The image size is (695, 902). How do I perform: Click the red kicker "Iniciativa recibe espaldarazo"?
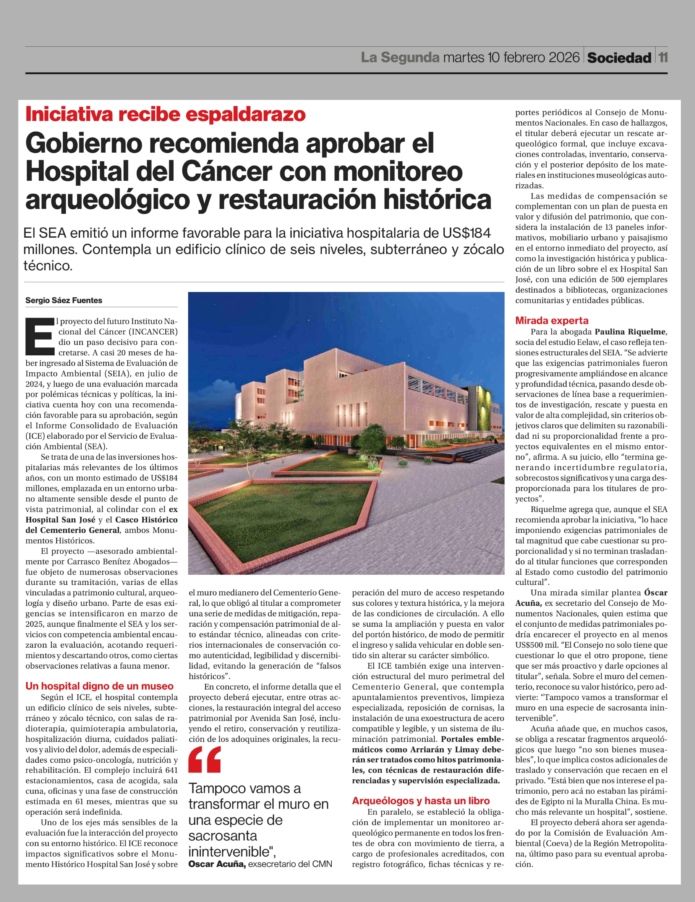(165, 114)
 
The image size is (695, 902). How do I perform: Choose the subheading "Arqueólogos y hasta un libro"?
(421, 801)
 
